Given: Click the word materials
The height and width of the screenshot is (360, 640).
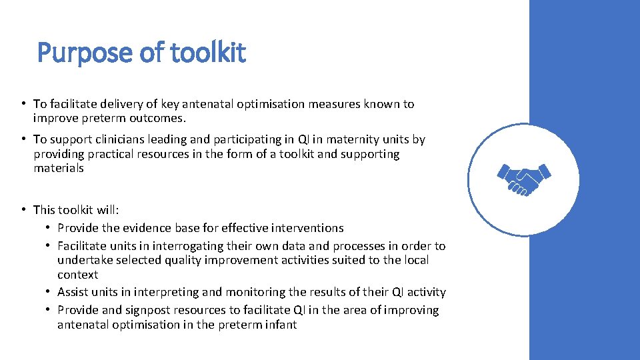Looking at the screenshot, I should pos(59,169).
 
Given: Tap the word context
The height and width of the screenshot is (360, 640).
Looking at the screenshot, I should pos(77,275).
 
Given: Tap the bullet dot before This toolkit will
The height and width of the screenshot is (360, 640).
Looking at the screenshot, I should pos(23,209).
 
